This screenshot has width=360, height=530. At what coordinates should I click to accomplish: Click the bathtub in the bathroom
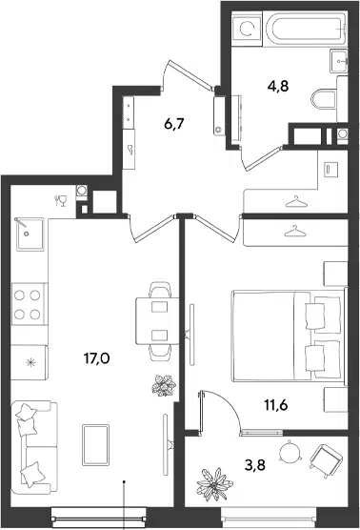[x=306, y=29]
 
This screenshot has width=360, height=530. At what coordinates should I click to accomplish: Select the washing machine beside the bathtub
[x=247, y=29]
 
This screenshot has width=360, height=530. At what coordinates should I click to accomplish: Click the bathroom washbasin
[x=339, y=61]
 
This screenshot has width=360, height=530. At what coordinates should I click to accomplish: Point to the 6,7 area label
[x=174, y=124]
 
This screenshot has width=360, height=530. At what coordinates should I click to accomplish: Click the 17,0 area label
[x=96, y=358]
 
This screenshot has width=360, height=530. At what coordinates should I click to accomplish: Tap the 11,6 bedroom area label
[x=276, y=404]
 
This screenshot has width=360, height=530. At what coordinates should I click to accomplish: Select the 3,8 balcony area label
[x=255, y=465]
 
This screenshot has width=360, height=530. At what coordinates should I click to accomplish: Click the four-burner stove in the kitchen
[x=28, y=304]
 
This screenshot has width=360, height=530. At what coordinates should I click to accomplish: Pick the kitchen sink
[x=30, y=234]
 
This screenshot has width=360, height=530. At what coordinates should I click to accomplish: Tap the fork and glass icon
[x=61, y=201]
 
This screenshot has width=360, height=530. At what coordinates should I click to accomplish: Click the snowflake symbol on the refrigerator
[x=30, y=363]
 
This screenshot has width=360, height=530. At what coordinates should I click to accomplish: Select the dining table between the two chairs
[x=157, y=321]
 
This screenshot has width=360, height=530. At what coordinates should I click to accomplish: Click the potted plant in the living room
[x=164, y=385]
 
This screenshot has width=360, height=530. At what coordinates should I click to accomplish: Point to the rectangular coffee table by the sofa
[x=95, y=445]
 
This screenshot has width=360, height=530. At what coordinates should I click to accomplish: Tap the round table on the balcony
[x=290, y=450]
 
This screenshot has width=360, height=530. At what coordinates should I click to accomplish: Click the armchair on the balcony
[x=326, y=461]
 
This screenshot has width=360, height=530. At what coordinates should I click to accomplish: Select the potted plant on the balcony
[x=214, y=484]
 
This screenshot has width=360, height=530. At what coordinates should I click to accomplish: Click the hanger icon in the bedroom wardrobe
[x=295, y=232]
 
